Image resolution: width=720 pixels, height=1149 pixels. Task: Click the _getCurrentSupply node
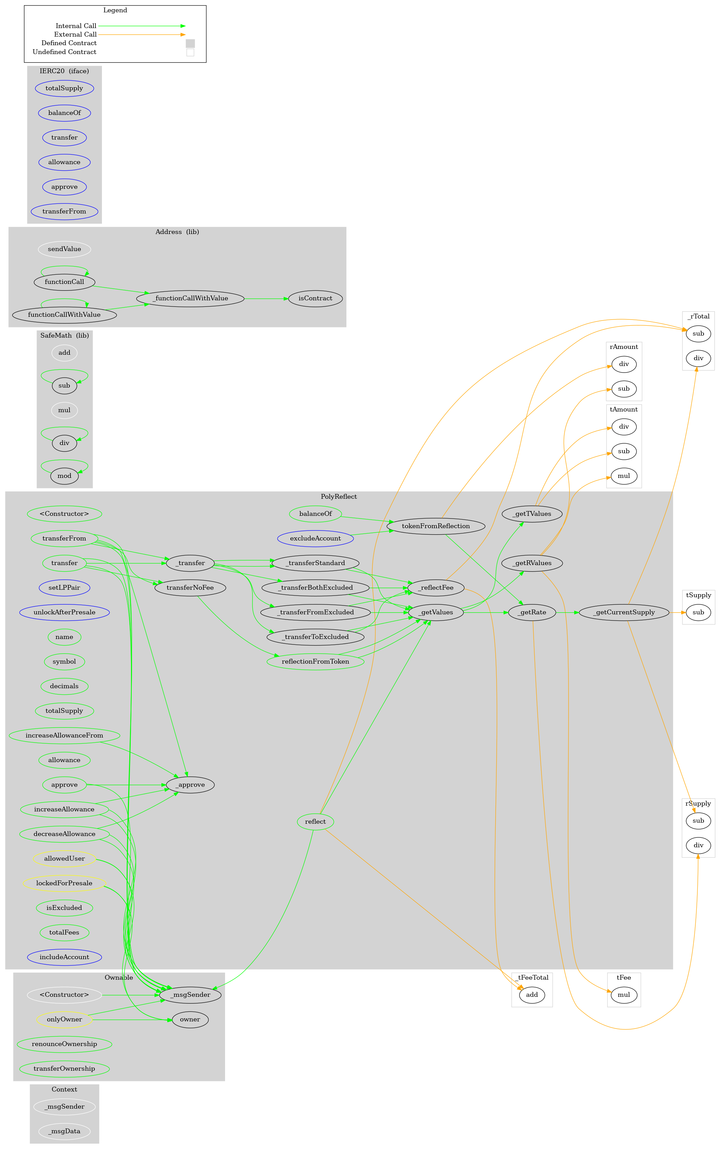point(624,612)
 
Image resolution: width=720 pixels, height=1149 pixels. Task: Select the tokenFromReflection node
point(436,526)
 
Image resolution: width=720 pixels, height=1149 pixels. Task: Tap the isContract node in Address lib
point(315,299)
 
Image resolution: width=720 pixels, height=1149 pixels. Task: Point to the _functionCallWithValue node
point(190,299)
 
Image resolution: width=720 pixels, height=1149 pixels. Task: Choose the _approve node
point(190,785)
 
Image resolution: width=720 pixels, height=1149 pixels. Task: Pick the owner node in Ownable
point(190,1019)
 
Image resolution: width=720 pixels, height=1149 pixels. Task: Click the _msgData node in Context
point(64,1131)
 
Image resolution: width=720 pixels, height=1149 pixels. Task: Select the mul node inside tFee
point(624,995)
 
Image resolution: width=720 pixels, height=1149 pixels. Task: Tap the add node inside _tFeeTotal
point(532,995)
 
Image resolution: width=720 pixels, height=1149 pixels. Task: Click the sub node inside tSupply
point(698,612)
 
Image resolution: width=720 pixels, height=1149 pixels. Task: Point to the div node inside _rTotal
point(698,358)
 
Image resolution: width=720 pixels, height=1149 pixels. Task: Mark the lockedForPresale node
point(64,883)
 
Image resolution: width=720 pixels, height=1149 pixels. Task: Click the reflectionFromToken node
point(315,662)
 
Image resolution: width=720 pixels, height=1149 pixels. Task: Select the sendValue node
point(64,249)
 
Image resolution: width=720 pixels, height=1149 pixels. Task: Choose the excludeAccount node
point(315,538)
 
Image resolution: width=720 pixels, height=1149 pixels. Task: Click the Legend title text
point(115,10)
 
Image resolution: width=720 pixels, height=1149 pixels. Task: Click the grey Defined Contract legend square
point(190,43)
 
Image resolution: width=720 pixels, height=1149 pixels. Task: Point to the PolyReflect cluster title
point(339,497)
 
